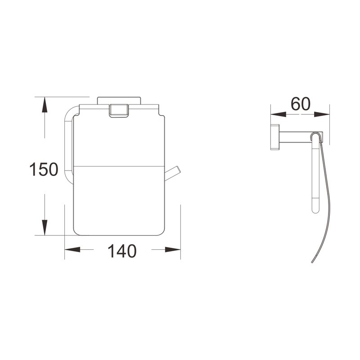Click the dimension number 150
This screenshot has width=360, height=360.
[44, 170]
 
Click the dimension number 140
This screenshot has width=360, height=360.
[121, 251]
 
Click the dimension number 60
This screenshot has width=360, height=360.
[300, 104]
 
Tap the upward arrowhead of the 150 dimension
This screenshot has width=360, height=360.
[44, 104]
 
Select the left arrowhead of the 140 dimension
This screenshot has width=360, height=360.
[72, 249]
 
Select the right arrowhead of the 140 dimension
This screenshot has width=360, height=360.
[173, 249]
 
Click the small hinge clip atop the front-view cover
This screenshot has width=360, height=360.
[119, 111]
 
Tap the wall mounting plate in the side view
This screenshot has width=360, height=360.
[274, 136]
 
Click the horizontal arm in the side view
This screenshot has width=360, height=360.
[295, 135]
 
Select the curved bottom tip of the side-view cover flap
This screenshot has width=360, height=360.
[312, 262]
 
